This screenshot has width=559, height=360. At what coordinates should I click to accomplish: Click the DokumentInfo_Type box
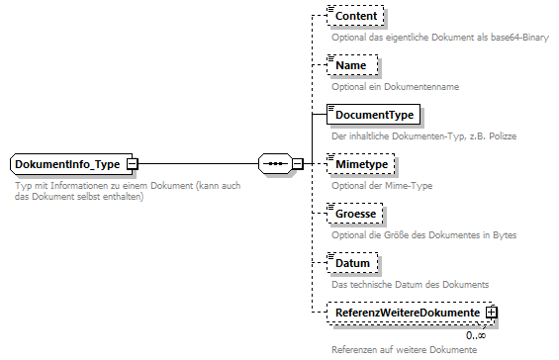point(67,164)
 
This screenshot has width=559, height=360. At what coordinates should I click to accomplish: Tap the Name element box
point(350,65)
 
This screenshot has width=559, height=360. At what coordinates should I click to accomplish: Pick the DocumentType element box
point(372,115)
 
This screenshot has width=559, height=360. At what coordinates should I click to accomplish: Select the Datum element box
point(352,263)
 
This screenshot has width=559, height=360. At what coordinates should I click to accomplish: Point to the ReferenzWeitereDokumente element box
point(406,314)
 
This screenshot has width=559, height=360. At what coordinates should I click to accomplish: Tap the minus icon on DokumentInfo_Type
point(132,164)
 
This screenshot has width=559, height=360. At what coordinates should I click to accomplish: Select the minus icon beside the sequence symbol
point(297,164)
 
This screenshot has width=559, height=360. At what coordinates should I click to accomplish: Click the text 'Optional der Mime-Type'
point(381,186)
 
